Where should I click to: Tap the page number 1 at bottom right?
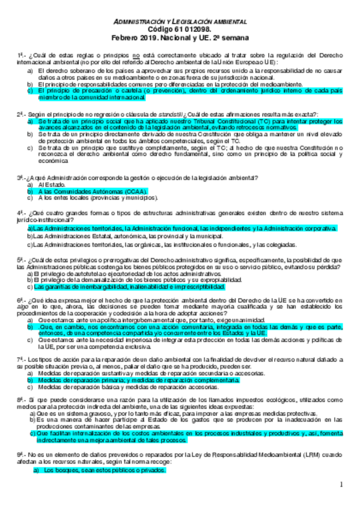click(x=340, y=484)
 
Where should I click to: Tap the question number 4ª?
click(x=20, y=213)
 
